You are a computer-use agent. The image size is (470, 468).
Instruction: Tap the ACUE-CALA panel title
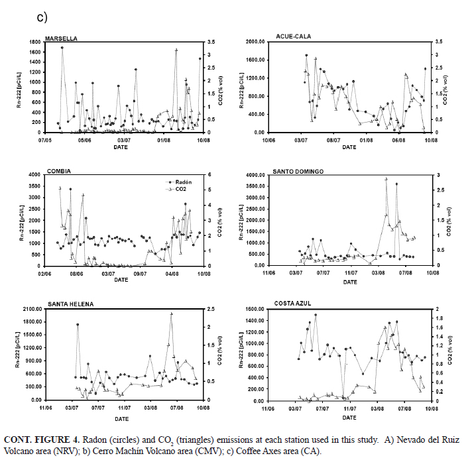(x=294, y=36)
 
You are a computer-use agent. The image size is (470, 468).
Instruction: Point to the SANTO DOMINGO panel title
(x=298, y=171)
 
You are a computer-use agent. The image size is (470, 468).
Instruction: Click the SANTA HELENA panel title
(x=70, y=304)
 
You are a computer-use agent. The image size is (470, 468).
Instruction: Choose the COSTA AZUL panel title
(x=293, y=304)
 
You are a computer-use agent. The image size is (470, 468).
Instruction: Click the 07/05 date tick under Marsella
(x=45, y=139)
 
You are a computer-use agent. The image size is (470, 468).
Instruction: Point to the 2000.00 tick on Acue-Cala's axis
(x=253, y=41)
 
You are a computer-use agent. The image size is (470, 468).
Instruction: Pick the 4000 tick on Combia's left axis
(x=33, y=175)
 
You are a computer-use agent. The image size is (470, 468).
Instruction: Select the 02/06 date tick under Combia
(x=45, y=272)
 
